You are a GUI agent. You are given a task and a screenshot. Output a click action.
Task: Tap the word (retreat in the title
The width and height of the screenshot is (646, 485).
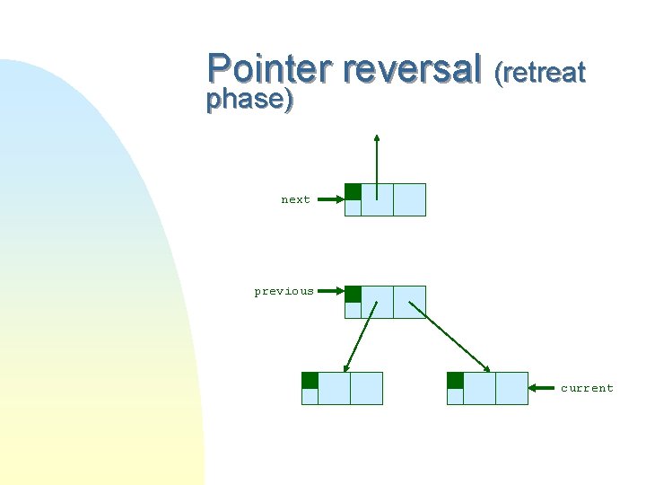pos(540,71)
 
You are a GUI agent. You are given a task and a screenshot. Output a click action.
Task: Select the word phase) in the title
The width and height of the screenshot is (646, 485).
pos(249,99)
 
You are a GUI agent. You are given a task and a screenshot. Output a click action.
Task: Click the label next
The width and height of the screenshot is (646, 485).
pos(295,200)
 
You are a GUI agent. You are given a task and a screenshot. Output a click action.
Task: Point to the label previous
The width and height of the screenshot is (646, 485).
pos(284,291)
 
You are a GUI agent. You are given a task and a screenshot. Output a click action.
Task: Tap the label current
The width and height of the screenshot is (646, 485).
pos(587,388)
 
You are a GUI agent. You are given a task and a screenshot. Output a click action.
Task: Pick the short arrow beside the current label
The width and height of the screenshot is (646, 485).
pos(543,388)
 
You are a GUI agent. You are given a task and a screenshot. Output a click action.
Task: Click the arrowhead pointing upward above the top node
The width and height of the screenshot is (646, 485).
pos(377,139)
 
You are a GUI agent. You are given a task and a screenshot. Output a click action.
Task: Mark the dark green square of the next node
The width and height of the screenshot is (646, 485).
pos(354,191)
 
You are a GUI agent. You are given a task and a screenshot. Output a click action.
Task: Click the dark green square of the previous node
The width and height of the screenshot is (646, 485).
pos(354,294)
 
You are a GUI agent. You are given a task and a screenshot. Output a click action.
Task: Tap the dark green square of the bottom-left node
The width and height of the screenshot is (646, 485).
pos(310,380)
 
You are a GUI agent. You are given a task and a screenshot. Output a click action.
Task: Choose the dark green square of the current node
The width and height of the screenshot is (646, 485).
pos(455,380)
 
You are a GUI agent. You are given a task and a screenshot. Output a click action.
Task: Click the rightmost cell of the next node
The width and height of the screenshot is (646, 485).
pos(409,199)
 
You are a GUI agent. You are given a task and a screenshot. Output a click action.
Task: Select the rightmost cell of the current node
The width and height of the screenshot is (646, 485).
pos(511,388)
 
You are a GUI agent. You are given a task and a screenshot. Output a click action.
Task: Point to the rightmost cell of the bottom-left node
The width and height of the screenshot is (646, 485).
pos(366,388)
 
